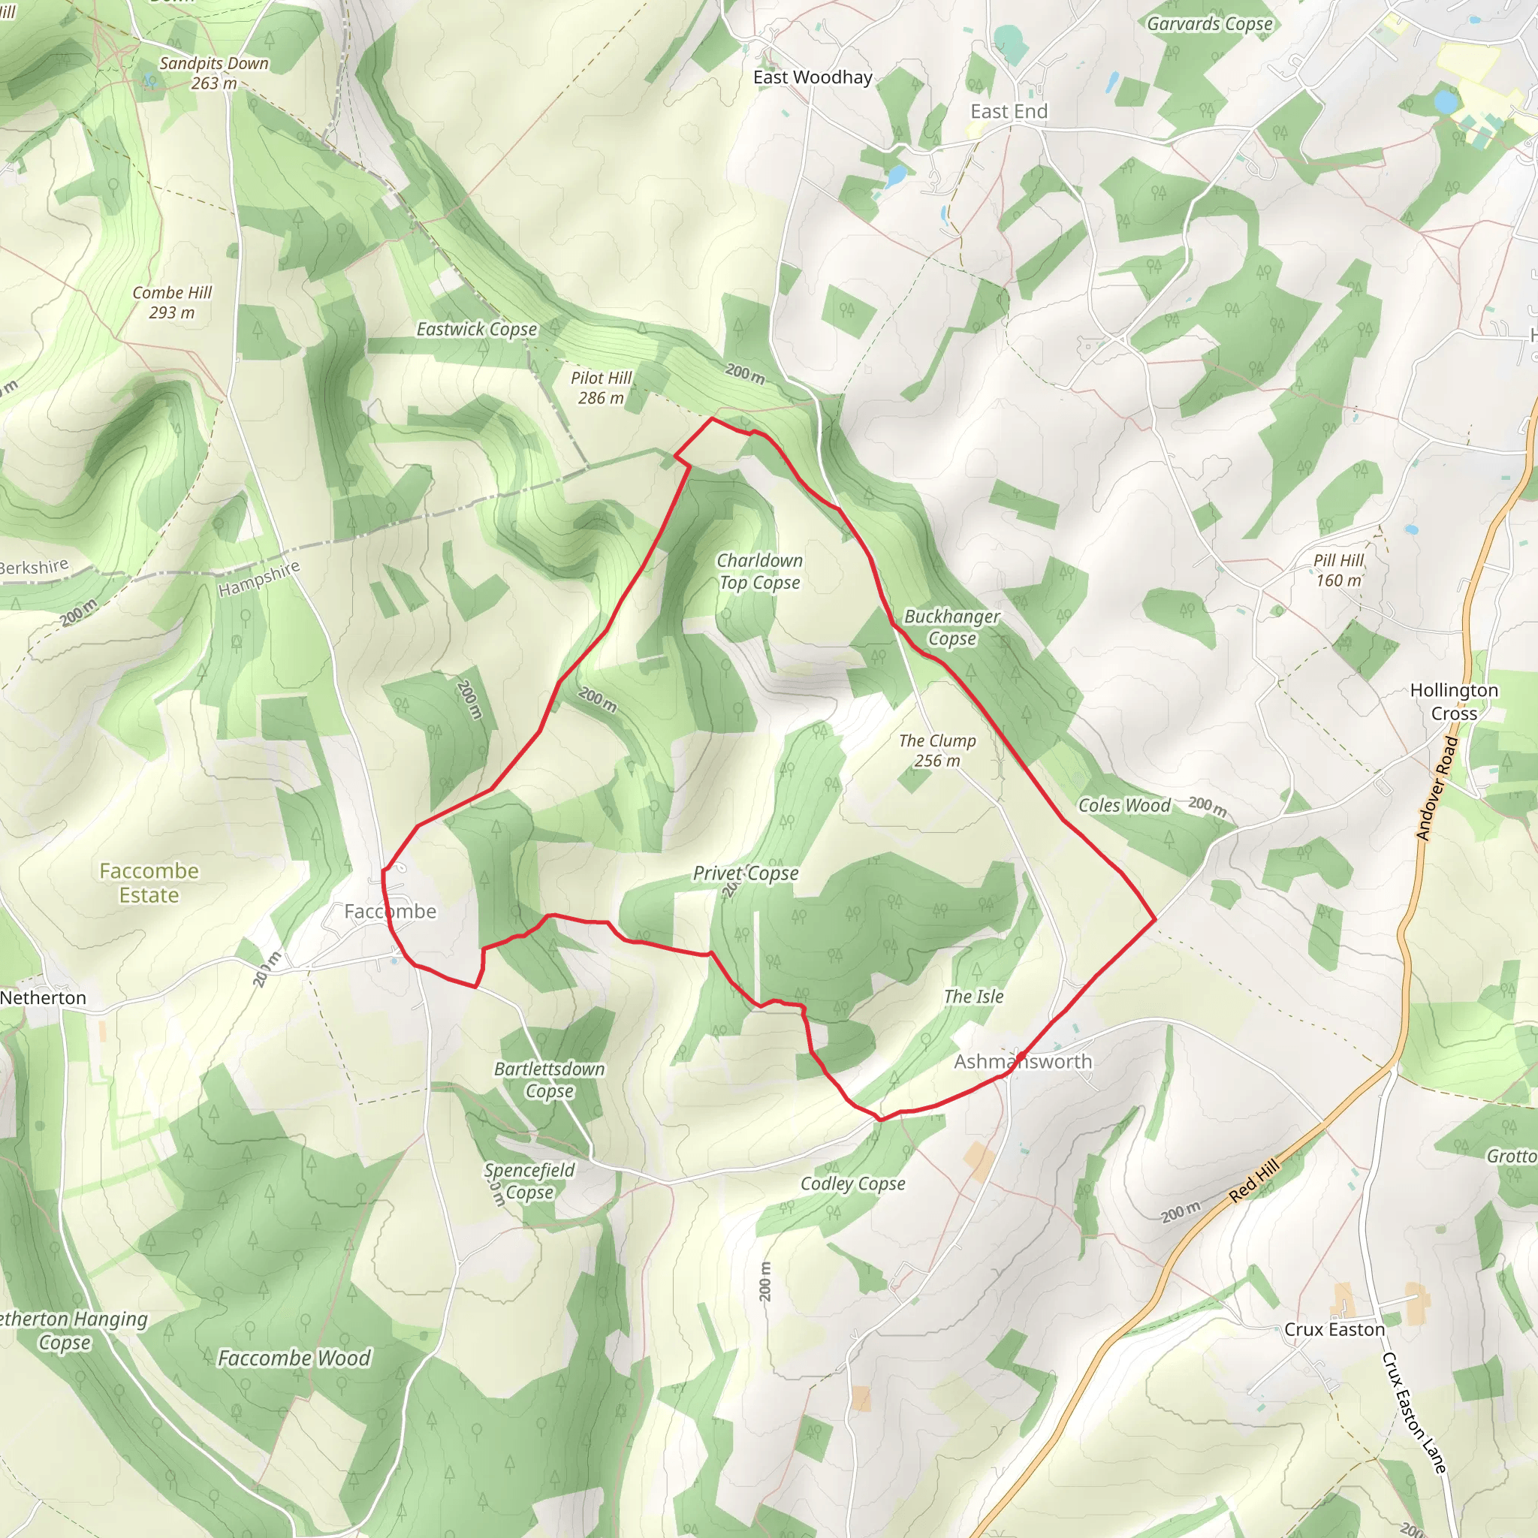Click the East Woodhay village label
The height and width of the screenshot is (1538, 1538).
pos(813,77)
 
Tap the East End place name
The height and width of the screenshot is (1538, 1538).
pos(1009,111)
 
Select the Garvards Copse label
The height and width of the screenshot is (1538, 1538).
pos(1209,24)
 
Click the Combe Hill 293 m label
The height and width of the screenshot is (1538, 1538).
pos(172,303)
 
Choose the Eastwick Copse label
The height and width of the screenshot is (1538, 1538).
pos(477,329)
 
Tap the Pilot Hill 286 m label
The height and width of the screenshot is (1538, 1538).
pos(601,388)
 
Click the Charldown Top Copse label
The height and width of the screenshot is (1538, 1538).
pos(759,571)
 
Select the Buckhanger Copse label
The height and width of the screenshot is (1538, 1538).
pos(952,627)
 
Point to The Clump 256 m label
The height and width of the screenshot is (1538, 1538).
pos(937,751)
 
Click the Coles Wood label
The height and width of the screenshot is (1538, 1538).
pos(1124,806)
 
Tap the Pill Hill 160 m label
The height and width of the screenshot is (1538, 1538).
pos(1338,570)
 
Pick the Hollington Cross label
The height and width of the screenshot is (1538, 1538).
pos(1454,701)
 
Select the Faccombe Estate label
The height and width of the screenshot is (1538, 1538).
pos(149,883)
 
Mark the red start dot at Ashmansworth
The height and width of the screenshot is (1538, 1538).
pos(1021,1057)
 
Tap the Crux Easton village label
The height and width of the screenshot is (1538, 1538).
pos(1334,1329)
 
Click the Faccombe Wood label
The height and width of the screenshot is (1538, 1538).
pos(294,1358)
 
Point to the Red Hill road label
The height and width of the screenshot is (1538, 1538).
pos(1254,1181)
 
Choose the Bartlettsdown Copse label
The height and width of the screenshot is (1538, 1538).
pos(549,1079)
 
